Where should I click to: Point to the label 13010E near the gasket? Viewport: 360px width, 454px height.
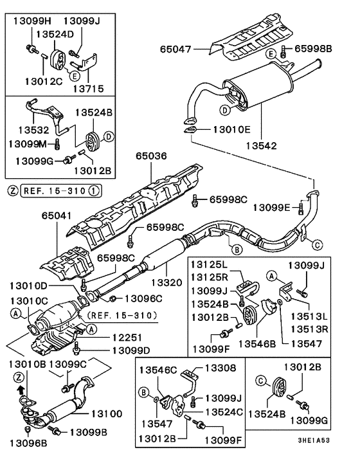tap(226, 130)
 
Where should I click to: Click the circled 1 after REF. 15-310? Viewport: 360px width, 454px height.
tap(93, 190)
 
